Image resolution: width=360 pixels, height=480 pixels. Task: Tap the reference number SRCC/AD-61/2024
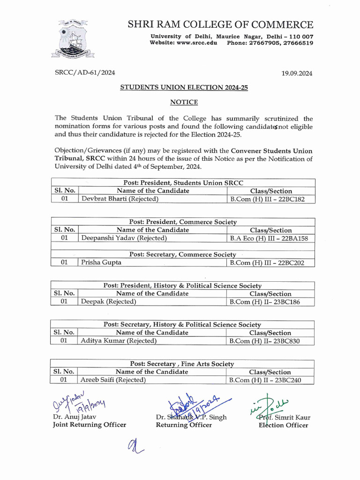pos(85,73)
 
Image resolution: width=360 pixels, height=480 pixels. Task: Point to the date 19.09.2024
pos(296,73)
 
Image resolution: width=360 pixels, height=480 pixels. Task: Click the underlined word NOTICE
pos(183,102)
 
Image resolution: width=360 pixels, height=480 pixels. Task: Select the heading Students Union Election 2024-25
pos(183,87)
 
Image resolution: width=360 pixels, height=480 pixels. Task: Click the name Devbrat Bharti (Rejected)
pos(120,199)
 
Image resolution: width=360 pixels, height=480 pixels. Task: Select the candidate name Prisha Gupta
pos(101,262)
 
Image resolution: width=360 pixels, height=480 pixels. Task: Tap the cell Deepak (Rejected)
pos(109,302)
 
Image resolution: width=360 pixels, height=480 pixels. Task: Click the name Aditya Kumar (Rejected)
pos(119,341)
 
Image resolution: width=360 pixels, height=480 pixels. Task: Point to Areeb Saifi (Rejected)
pos(113,380)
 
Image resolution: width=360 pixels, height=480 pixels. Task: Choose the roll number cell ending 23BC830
pos(264,341)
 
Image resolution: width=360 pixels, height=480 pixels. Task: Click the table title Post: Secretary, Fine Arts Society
pos(182,364)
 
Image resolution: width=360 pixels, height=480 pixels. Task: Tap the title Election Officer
pos(283,425)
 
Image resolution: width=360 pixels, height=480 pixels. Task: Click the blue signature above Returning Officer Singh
pos(197,403)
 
